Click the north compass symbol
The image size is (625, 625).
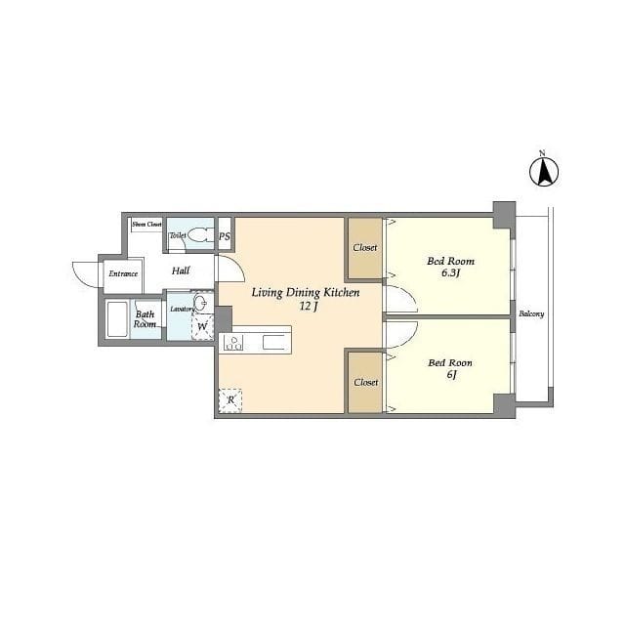point(544,172)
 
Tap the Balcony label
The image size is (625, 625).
point(531,313)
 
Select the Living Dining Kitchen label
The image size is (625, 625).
point(306,293)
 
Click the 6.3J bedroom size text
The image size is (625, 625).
point(451,273)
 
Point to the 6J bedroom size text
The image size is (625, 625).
point(451,375)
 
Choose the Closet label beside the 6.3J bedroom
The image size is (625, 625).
point(364,247)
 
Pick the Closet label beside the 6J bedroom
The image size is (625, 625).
point(366,382)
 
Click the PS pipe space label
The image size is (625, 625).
point(225,236)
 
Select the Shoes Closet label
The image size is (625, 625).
point(146,225)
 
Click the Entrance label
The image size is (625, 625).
point(123,273)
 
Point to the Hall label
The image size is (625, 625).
point(181,271)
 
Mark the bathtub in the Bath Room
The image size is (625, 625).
point(117,319)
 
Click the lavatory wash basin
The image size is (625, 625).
point(203,303)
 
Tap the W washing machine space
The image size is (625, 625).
point(203,326)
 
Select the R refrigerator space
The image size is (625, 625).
point(230,400)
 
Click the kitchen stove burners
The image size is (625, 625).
point(233,343)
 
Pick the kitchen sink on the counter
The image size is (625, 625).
point(273,343)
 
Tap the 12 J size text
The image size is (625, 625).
point(309,307)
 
